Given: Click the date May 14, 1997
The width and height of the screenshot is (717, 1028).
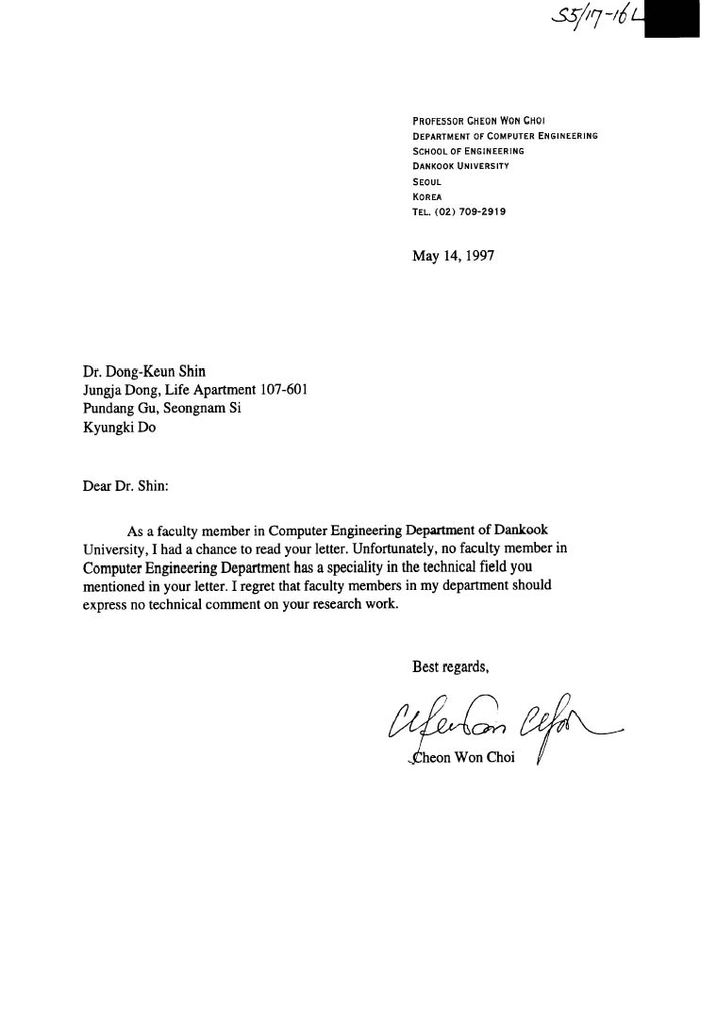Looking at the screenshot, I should [453, 255].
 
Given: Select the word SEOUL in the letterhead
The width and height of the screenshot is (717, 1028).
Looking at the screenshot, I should [426, 181].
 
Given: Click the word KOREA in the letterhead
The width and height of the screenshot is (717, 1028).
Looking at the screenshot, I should [427, 196].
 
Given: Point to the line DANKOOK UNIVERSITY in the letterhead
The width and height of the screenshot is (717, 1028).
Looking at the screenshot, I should [460, 166].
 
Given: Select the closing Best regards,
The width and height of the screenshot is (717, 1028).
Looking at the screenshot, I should [450, 667].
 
